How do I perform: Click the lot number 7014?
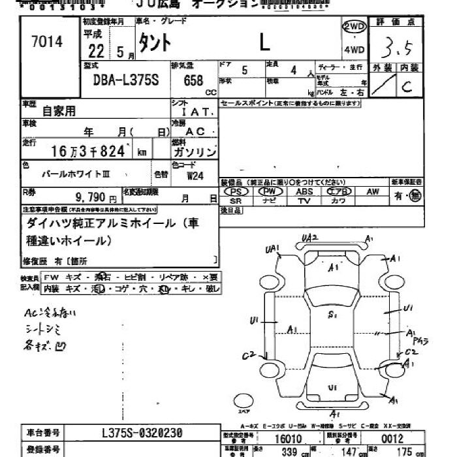coord(46,42)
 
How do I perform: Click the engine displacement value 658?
coord(195,80)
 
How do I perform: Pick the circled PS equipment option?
coord(236,192)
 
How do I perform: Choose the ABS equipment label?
coord(304,192)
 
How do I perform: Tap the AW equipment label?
coord(373,192)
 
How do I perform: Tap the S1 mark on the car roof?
coord(332,315)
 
